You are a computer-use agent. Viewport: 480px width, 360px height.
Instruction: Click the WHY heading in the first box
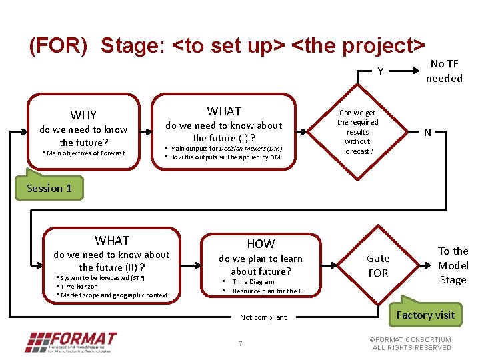click(x=83, y=115)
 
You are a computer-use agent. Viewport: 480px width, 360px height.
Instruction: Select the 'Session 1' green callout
click(x=49, y=188)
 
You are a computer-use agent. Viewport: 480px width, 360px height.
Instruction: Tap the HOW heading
click(x=260, y=244)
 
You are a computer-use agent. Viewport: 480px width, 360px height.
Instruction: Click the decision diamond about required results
click(x=357, y=132)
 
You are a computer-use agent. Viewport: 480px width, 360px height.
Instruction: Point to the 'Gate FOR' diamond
click(x=378, y=265)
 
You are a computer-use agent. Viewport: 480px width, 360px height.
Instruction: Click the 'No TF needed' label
click(x=444, y=71)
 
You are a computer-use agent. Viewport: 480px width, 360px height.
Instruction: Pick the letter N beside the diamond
click(x=427, y=133)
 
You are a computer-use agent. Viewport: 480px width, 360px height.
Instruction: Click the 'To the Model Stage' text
click(x=453, y=265)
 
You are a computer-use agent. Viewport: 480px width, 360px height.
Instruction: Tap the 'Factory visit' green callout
click(x=425, y=315)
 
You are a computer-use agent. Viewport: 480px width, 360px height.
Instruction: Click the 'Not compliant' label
click(x=263, y=317)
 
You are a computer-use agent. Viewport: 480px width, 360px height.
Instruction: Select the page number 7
click(x=240, y=343)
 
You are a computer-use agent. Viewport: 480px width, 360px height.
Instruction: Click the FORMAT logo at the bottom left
click(x=71, y=341)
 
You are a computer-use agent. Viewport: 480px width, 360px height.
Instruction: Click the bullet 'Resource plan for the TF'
click(x=269, y=291)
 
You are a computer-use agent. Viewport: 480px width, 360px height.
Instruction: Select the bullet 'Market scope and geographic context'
click(x=113, y=295)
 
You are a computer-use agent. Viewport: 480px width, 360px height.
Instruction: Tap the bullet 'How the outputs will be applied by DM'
click(x=225, y=157)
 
